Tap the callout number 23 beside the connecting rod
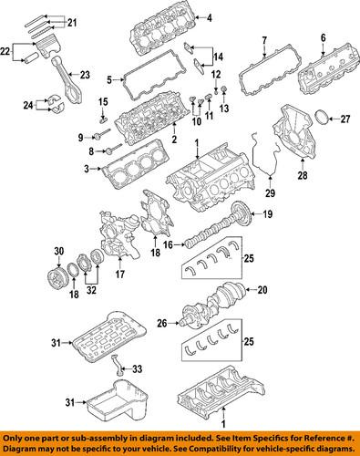(85, 76)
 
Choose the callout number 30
(58, 253)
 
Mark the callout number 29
(269, 194)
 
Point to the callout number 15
(103, 100)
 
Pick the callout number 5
(109, 78)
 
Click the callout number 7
(263, 39)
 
